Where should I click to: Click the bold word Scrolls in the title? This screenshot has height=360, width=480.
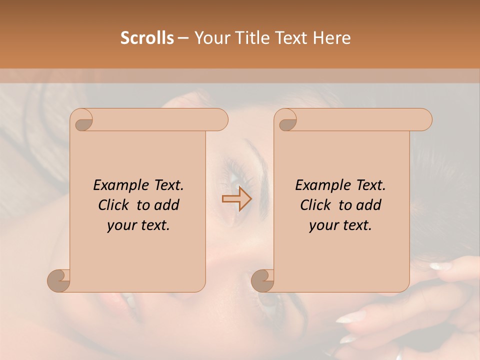(x=147, y=38)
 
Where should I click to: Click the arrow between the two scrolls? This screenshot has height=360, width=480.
(x=236, y=199)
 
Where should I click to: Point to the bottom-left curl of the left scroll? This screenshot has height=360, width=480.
(x=58, y=280)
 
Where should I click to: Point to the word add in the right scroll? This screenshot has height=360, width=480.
(x=369, y=205)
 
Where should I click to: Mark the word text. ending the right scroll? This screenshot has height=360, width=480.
(x=356, y=225)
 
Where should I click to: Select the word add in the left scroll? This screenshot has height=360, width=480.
(x=167, y=205)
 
